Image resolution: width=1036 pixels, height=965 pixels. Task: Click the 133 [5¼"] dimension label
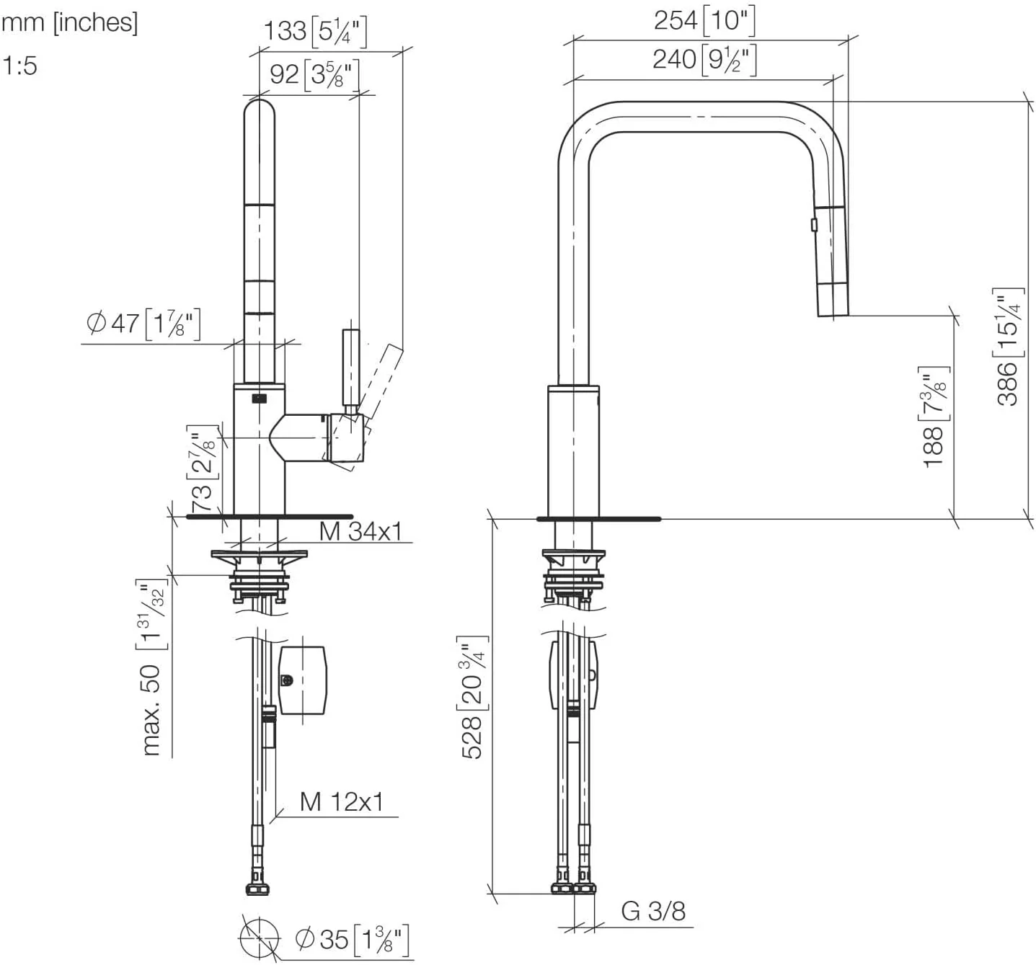click(x=315, y=31)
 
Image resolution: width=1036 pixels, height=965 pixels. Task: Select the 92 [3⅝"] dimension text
click(x=314, y=74)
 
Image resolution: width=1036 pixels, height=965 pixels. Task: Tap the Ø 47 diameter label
click(x=143, y=323)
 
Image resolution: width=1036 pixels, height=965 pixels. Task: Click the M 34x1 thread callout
click(x=360, y=532)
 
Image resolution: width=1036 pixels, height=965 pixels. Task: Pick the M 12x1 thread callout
click(x=341, y=801)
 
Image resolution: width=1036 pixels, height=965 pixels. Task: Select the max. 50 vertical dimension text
click(x=152, y=667)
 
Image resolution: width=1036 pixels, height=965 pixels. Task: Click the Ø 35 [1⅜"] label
click(x=353, y=939)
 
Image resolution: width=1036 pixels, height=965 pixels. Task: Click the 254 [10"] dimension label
click(x=704, y=20)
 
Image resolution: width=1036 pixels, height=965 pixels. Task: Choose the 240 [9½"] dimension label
click(x=704, y=59)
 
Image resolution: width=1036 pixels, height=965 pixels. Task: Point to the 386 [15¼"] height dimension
click(x=1009, y=346)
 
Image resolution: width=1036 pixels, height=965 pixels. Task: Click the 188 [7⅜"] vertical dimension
click(x=935, y=417)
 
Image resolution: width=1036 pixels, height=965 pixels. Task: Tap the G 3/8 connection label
click(x=653, y=912)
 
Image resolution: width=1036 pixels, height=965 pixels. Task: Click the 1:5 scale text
click(x=19, y=66)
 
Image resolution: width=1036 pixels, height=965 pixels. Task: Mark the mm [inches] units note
click(x=69, y=22)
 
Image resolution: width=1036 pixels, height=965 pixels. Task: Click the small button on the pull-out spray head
click(x=814, y=225)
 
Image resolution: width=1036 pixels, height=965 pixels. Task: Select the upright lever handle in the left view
click(x=350, y=369)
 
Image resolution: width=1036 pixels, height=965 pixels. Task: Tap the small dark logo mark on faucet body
click(x=259, y=397)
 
